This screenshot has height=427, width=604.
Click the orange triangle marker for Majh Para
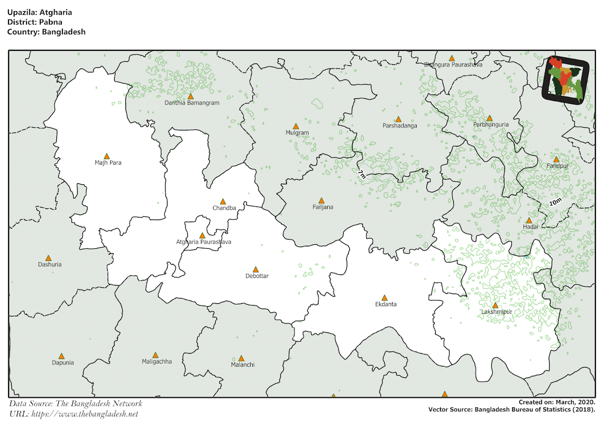[107, 157]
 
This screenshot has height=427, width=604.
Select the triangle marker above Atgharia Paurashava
[202, 235]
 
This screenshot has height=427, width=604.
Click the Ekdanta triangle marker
[385, 298]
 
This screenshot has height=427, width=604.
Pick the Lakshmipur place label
[496, 312]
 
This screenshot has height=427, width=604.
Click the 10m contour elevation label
[555, 202]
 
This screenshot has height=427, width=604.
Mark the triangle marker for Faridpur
[556, 159]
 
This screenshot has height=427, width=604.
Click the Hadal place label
[530, 227]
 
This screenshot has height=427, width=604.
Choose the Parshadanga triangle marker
[398, 119]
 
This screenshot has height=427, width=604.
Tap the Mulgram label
[297, 133]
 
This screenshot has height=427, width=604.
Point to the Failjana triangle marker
[322, 200]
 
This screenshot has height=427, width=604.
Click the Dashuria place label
[50, 264]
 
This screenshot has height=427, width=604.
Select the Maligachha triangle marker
[156, 355]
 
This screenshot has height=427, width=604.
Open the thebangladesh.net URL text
[85, 414]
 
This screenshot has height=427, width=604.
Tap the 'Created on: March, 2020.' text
[557, 402]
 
